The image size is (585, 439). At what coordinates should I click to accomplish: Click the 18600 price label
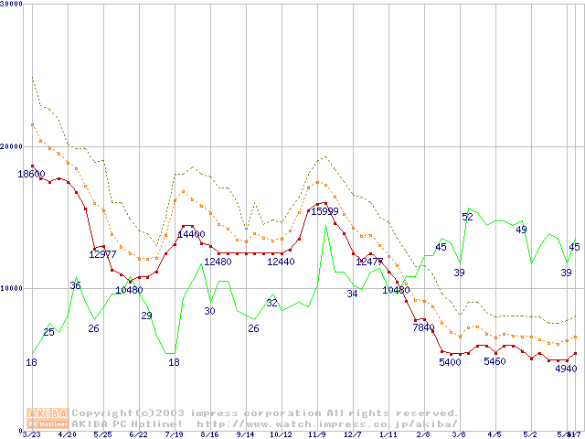(31, 174)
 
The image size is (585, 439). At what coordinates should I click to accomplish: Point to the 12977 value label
(103, 254)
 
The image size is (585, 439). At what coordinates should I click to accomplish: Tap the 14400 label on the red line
(190, 234)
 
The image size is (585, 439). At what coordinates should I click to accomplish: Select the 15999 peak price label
(324, 211)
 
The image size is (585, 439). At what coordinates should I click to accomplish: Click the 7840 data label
(424, 327)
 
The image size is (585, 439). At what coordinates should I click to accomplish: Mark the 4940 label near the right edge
(568, 369)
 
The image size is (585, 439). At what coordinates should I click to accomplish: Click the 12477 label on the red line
(369, 262)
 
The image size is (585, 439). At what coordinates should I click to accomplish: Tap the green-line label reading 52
(467, 217)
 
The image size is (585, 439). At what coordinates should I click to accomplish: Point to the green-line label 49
(521, 230)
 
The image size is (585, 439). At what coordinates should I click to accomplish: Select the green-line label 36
(76, 285)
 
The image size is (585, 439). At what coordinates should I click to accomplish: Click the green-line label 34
(352, 294)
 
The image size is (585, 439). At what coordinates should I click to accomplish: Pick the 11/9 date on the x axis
(317, 435)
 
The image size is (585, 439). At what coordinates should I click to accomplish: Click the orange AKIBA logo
(48, 418)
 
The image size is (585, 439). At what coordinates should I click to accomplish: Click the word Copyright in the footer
(102, 413)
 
